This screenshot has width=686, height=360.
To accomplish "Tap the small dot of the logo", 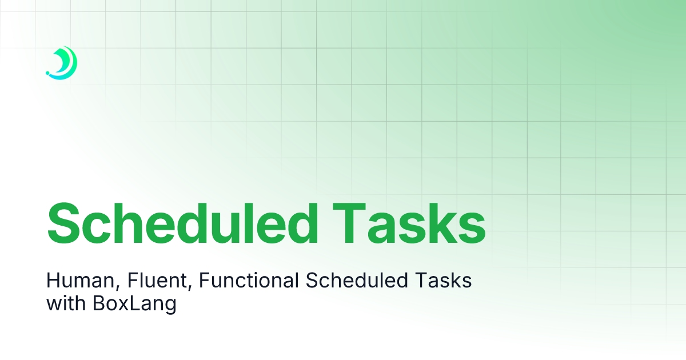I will [47, 74].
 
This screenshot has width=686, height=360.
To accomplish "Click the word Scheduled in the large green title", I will [182, 223].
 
